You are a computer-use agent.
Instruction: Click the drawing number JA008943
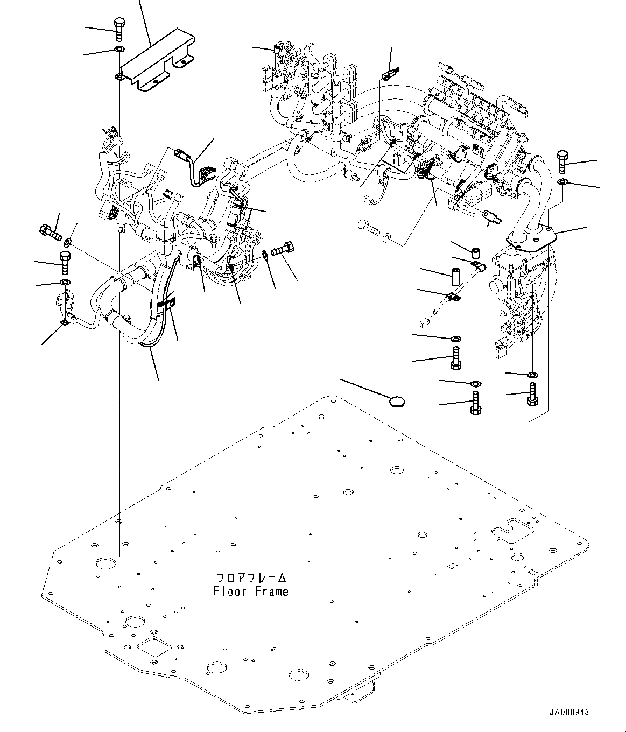pyautogui.click(x=569, y=712)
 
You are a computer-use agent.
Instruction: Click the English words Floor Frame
pyautogui.click(x=251, y=591)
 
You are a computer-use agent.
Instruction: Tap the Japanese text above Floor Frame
pyautogui.click(x=251, y=578)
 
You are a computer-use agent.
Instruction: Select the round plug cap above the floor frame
pyautogui.click(x=397, y=402)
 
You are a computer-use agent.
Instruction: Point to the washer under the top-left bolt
pyautogui.click(x=119, y=48)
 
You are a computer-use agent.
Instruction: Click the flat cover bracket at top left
pyautogui.click(x=158, y=60)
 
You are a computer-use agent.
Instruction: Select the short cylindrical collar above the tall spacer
pyautogui.click(x=476, y=254)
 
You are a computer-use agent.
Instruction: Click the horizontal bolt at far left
pyautogui.click(x=50, y=232)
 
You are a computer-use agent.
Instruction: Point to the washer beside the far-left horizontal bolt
pyautogui.click(x=68, y=243)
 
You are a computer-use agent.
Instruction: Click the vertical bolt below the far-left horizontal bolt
pyautogui.click(x=65, y=262)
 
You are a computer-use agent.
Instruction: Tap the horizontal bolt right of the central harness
pyautogui.click(x=283, y=249)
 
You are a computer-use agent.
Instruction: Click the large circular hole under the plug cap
pyautogui.click(x=397, y=470)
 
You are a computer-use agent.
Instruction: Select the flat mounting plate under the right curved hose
pyautogui.click(x=532, y=241)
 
